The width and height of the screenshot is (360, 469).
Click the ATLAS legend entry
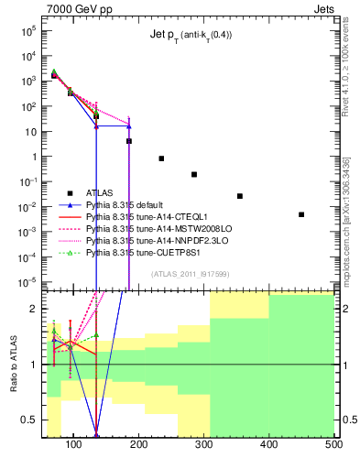coord(100,192)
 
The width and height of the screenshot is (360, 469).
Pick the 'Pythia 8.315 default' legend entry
coord(129,205)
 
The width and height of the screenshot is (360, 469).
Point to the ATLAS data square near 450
coord(301,214)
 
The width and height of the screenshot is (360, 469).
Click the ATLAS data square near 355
coord(240,196)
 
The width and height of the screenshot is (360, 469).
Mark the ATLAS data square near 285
coord(194,174)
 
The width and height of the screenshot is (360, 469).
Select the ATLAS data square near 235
coord(161,158)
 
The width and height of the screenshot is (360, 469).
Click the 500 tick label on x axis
coord(333,445)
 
